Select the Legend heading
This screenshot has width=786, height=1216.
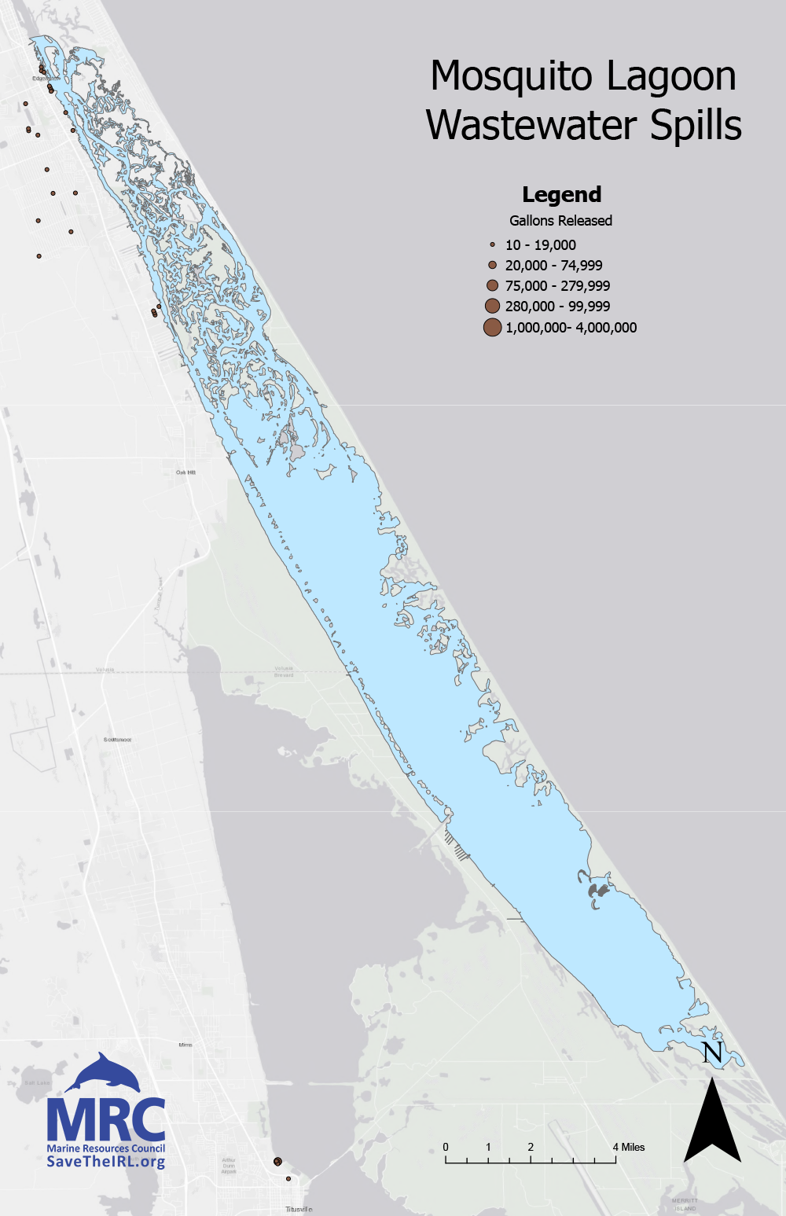[x=561, y=195]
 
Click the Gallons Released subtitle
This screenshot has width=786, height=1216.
[x=560, y=221]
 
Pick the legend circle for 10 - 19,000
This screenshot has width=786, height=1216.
[x=492, y=245]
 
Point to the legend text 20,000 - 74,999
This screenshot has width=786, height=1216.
[x=553, y=266]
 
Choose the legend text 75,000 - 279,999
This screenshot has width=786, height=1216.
[x=557, y=286]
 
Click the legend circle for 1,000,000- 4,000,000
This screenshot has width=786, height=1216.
[x=492, y=328]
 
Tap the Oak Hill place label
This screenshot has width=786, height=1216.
[x=185, y=472]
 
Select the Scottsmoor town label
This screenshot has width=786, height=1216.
[x=118, y=740]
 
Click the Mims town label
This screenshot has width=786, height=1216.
[x=185, y=1045]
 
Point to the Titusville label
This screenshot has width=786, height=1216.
[x=299, y=1209]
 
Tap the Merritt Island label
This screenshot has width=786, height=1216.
[x=685, y=1204]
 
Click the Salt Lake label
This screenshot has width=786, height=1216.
[x=37, y=1082]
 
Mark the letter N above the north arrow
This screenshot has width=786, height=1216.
[x=712, y=1053]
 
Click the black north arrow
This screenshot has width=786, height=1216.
[x=712, y=1124]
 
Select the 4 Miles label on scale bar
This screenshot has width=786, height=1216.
[x=629, y=1148]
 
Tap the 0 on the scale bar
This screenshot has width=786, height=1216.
[x=446, y=1148]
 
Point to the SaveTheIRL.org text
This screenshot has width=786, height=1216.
[x=106, y=1162]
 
